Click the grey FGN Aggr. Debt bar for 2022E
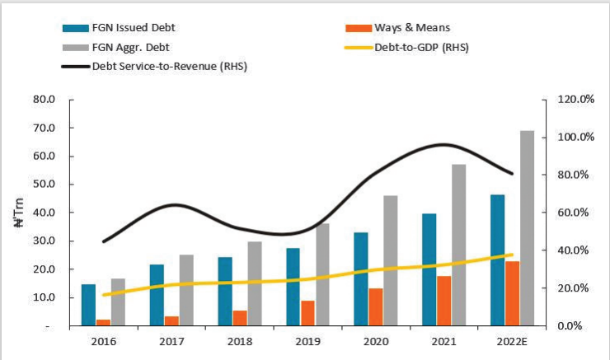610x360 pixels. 527,228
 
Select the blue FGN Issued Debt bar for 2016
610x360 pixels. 88,305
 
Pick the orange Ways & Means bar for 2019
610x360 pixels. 307,313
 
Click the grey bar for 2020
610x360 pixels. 390,260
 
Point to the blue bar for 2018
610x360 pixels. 225,291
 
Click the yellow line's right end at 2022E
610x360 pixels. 512,255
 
